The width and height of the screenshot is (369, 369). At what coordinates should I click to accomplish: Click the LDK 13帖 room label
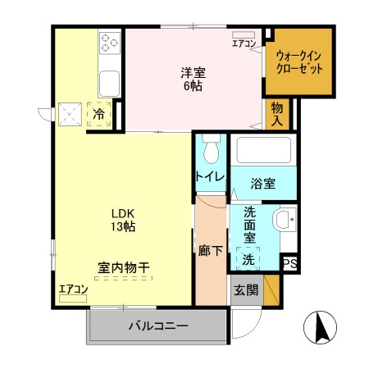[125, 220]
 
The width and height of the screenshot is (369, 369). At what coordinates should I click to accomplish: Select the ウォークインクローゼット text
[298, 62]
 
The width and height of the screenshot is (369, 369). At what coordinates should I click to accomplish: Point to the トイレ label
[210, 177]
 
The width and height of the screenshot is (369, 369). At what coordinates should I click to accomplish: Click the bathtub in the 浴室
[263, 151]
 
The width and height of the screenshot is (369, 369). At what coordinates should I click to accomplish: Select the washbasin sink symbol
[284, 221]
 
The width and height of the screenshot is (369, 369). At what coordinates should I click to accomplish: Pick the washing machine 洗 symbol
[248, 260]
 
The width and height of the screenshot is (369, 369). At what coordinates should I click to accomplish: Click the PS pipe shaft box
[289, 263]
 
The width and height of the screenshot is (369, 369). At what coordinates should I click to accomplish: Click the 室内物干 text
[124, 267]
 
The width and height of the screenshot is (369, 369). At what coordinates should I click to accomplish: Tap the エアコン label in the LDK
[72, 289]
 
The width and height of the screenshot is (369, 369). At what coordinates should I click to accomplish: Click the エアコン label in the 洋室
[244, 43]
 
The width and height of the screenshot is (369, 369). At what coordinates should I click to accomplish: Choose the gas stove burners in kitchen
[110, 40]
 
